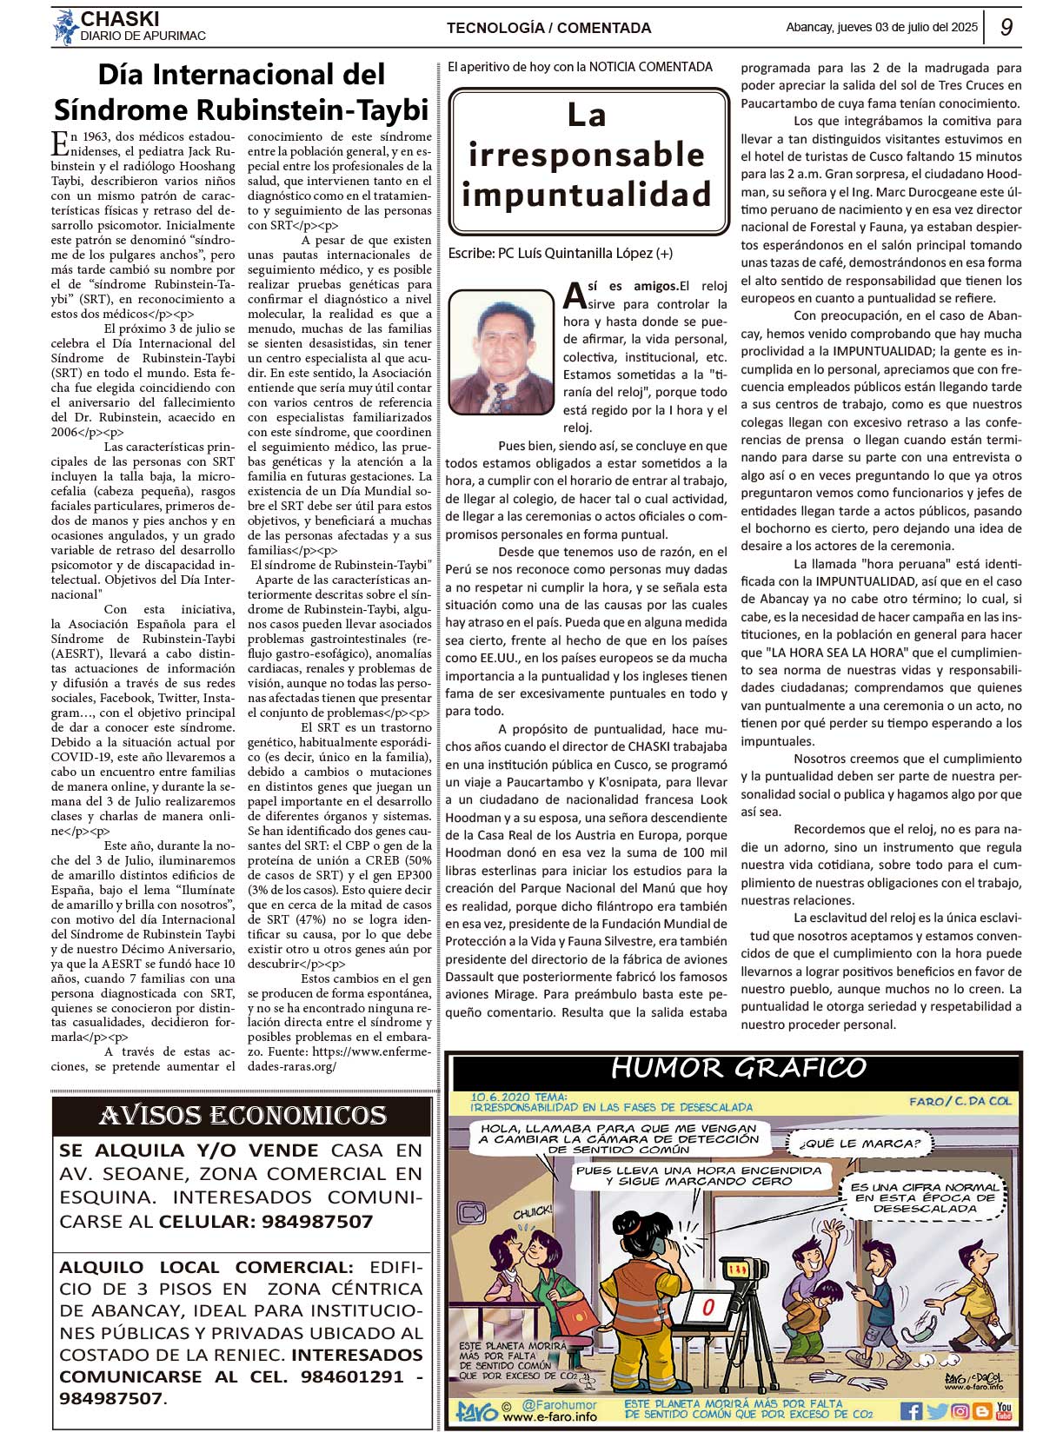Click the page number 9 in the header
coord(1006,27)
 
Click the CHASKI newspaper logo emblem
coord(65,27)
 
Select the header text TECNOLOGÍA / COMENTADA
coord(548,28)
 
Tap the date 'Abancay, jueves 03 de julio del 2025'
coord(881,27)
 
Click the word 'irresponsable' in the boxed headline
coord(587,155)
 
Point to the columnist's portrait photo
coord(502,352)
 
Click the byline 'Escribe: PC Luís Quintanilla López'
coord(560,253)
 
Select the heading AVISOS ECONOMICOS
coord(242,1115)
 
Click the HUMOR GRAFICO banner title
coord(738,1068)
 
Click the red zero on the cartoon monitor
coord(708,1306)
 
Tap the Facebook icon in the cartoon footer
coord(910,1410)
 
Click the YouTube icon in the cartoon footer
coord(1004,1410)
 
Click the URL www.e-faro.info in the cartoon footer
coord(550,1416)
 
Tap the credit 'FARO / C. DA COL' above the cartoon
coord(960,1101)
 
